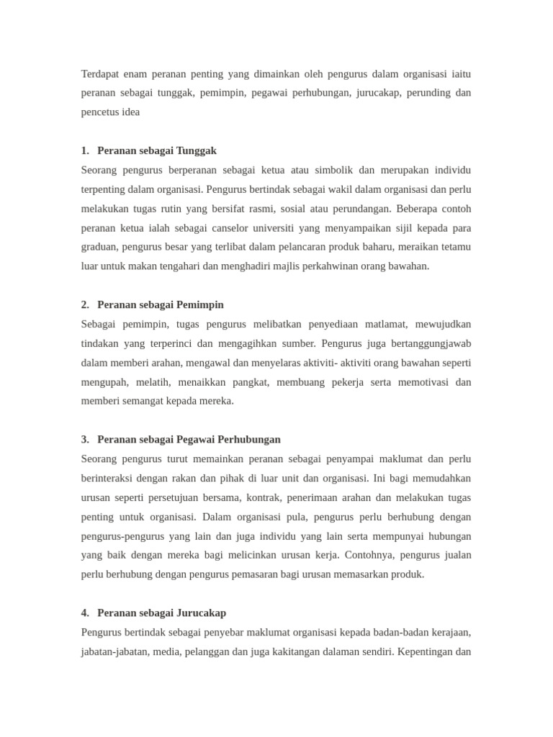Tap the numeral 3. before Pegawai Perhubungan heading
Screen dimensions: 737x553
click(85, 439)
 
